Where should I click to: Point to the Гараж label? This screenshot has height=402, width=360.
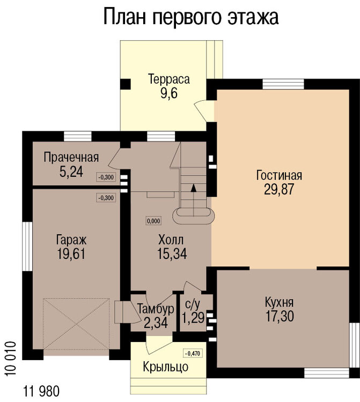click(71, 239)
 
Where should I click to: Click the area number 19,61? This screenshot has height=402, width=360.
click(71, 253)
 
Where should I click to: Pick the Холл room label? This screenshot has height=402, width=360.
click(172, 239)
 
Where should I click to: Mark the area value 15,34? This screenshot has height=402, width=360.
click(172, 253)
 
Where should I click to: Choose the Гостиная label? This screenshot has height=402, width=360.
click(279, 175)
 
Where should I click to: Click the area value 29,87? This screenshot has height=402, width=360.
click(279, 189)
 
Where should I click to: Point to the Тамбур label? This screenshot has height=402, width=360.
click(156, 309)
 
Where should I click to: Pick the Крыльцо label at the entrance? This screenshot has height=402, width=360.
click(166, 367)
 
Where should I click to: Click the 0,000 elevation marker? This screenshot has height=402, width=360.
click(154, 220)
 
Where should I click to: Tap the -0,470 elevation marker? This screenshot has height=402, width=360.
click(192, 353)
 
